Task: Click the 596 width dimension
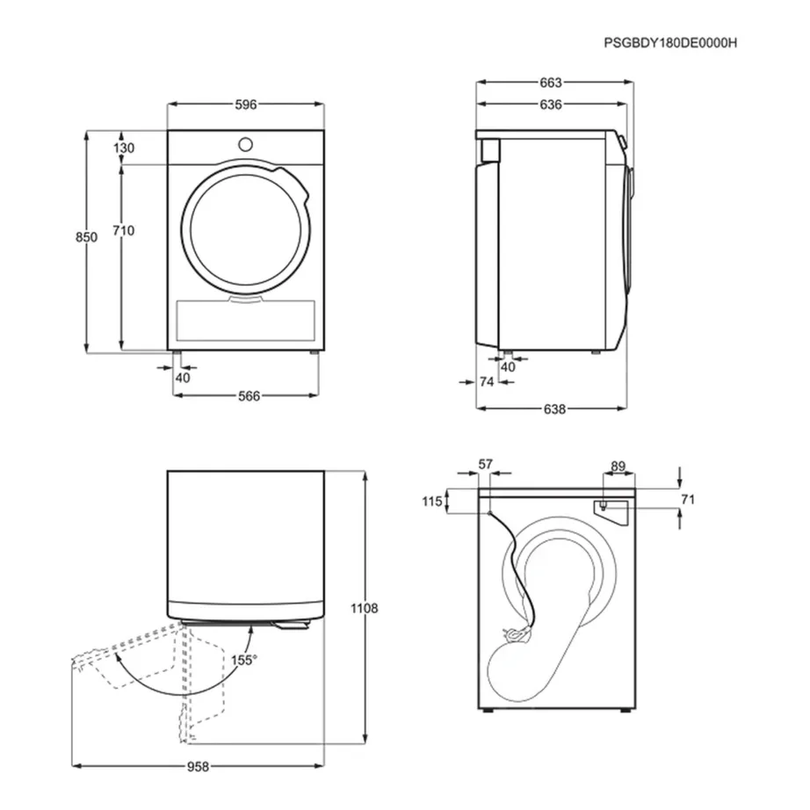point(245,105)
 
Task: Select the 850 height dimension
point(85,237)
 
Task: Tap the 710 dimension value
point(123,230)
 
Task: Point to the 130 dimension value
point(124,148)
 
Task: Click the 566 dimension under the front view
point(250,396)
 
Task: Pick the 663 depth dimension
point(551,83)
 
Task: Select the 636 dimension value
point(551,105)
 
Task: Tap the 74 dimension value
point(487,381)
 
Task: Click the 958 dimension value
point(199,766)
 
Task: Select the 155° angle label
point(243,660)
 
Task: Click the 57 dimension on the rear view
point(485,464)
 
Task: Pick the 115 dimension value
point(430,502)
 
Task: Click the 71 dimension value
point(688,500)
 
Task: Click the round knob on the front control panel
point(245,143)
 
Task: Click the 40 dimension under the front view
point(183,378)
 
